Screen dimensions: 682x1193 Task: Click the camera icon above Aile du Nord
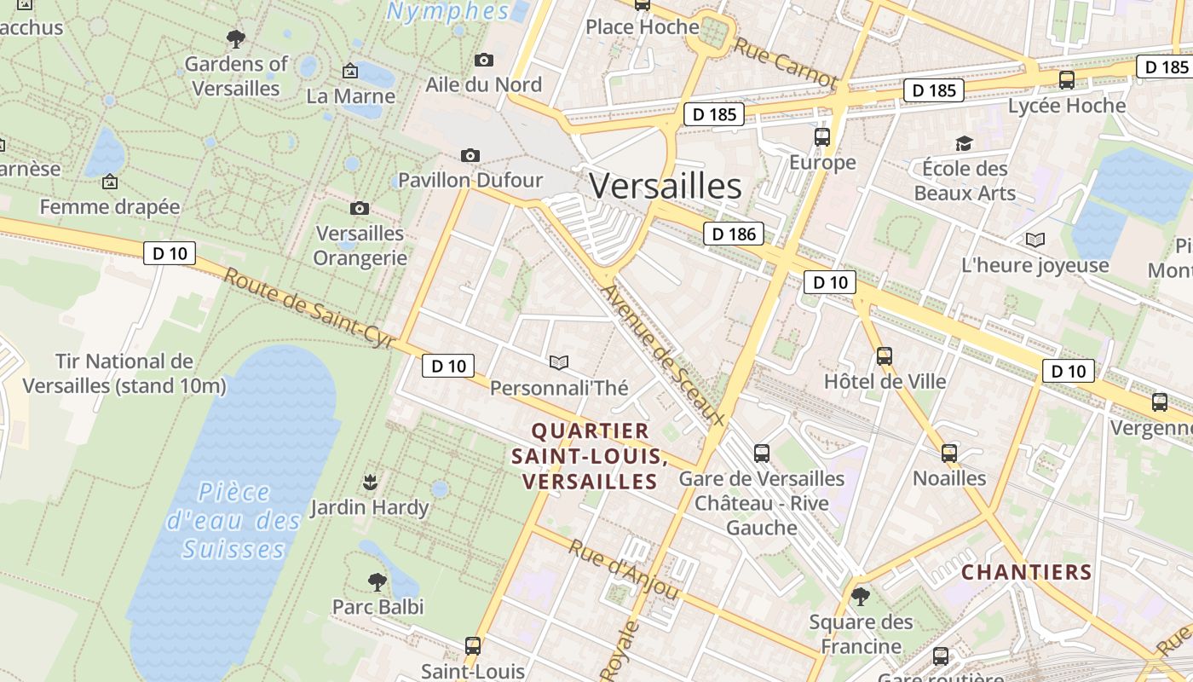(484, 60)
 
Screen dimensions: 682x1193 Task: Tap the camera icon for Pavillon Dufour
(470, 155)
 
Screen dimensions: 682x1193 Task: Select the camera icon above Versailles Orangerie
(360, 208)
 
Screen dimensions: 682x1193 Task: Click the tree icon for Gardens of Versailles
(236, 38)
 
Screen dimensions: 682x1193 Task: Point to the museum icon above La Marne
(349, 71)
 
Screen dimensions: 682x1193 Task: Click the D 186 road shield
(733, 234)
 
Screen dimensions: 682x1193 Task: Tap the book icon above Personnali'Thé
(559, 363)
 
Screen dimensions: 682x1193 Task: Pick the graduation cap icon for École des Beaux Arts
(964, 143)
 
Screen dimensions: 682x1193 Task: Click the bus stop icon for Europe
(822, 136)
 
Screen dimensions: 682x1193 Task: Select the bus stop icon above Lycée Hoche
(1066, 80)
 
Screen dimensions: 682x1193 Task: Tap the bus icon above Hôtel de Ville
(885, 355)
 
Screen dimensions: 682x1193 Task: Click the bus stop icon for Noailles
(949, 453)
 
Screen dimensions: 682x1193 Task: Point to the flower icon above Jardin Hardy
(370, 483)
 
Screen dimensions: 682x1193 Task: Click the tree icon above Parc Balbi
(377, 582)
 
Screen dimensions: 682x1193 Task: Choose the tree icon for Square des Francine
(861, 596)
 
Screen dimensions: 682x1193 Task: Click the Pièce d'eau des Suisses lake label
(233, 520)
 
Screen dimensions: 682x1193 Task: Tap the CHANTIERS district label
(1026, 572)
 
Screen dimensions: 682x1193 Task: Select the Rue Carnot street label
(785, 63)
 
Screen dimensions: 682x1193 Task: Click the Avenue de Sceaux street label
(662, 355)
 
